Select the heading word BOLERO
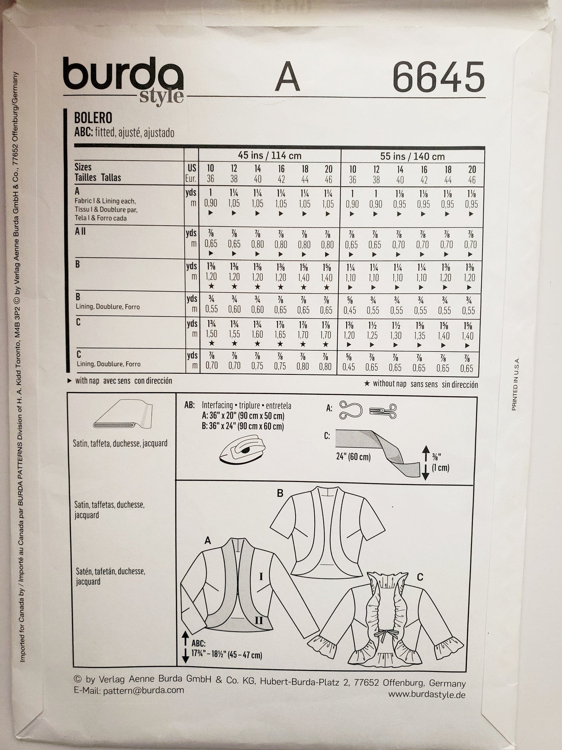(x=93, y=118)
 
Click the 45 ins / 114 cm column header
(x=270, y=156)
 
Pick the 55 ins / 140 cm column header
(x=412, y=156)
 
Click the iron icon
(x=240, y=452)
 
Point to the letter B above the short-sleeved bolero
(x=280, y=494)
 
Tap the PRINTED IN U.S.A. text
(x=515, y=384)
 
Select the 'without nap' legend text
(x=420, y=384)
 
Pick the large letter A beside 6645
(x=288, y=76)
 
